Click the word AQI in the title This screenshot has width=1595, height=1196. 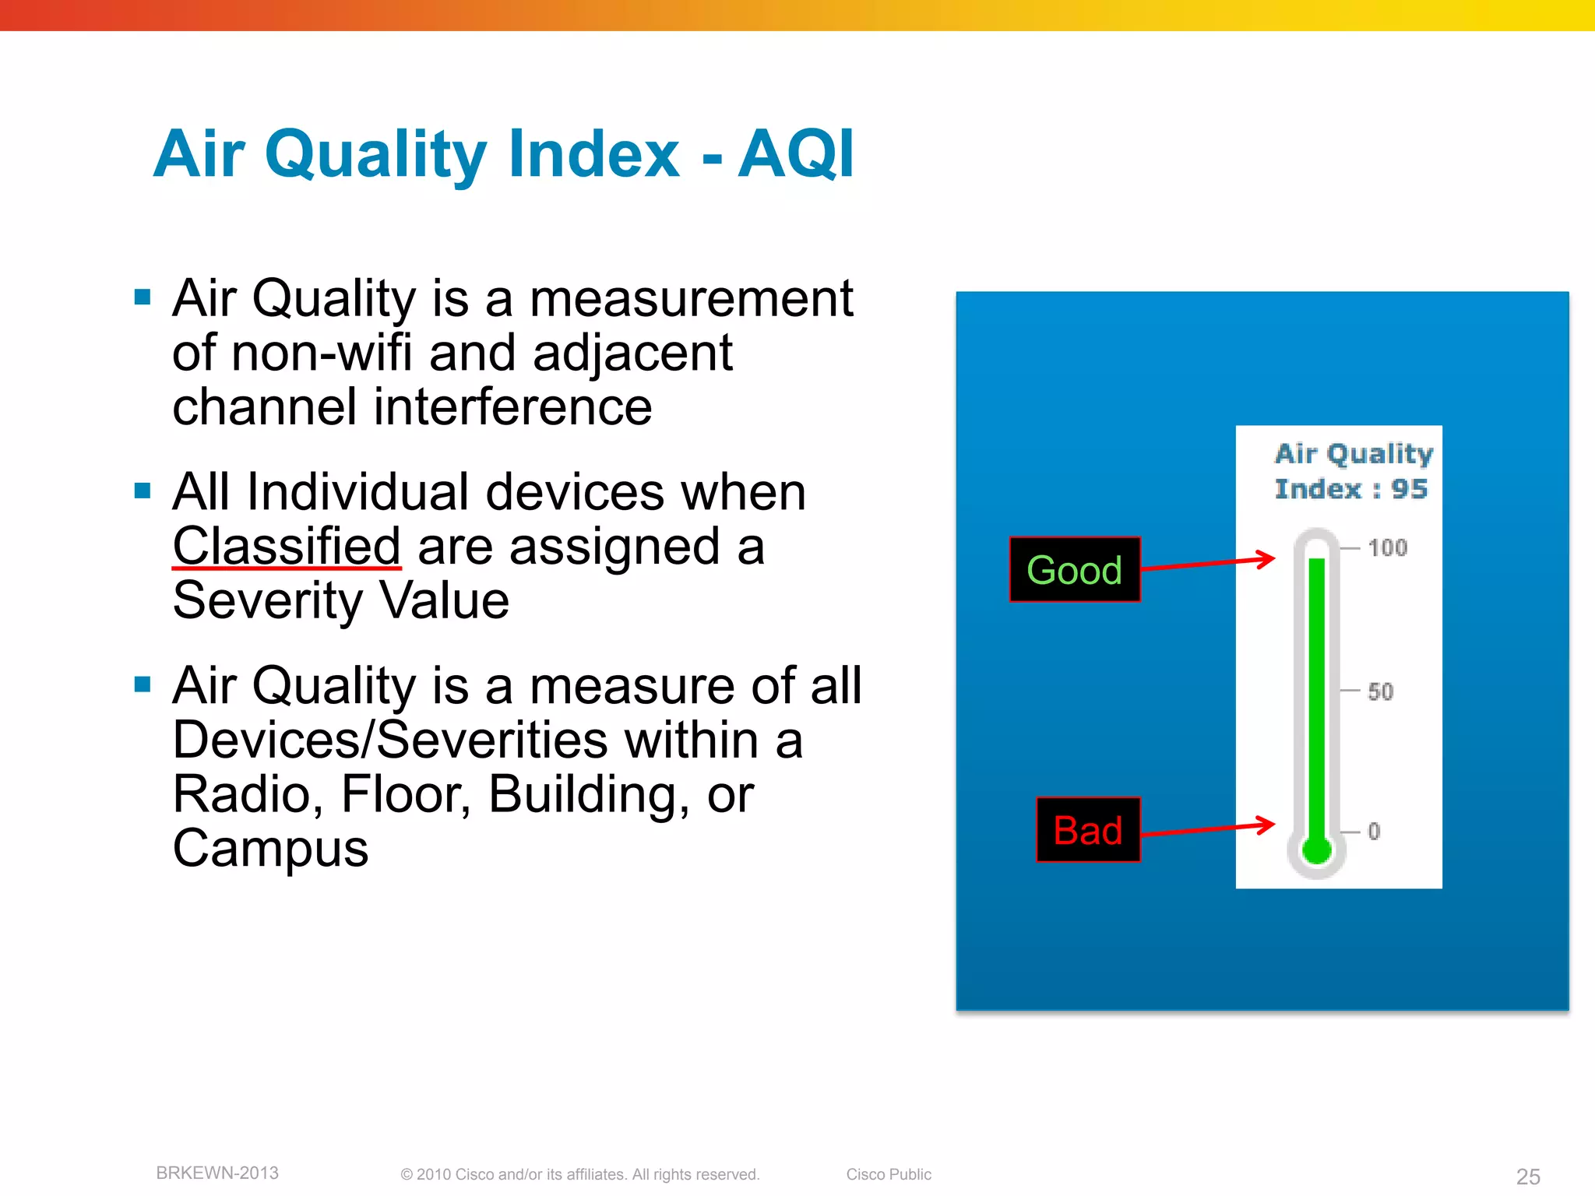(x=795, y=154)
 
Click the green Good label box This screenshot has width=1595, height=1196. (x=1074, y=570)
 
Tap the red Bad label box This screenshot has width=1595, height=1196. (x=1087, y=830)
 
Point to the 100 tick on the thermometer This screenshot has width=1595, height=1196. (x=1387, y=547)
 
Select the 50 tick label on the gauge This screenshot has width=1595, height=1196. (x=1380, y=691)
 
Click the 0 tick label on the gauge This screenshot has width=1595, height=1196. (x=1374, y=832)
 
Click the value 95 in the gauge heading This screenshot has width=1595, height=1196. (x=1409, y=489)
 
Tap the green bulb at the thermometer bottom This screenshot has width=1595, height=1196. (x=1316, y=850)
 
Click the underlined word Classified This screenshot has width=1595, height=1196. (x=286, y=546)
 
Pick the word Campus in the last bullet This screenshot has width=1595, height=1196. (x=270, y=848)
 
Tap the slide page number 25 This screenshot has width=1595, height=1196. (x=1528, y=1177)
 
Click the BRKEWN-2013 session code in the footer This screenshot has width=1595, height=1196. (x=217, y=1173)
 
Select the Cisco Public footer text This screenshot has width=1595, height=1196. (x=889, y=1174)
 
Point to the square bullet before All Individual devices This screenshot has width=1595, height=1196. (x=142, y=491)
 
